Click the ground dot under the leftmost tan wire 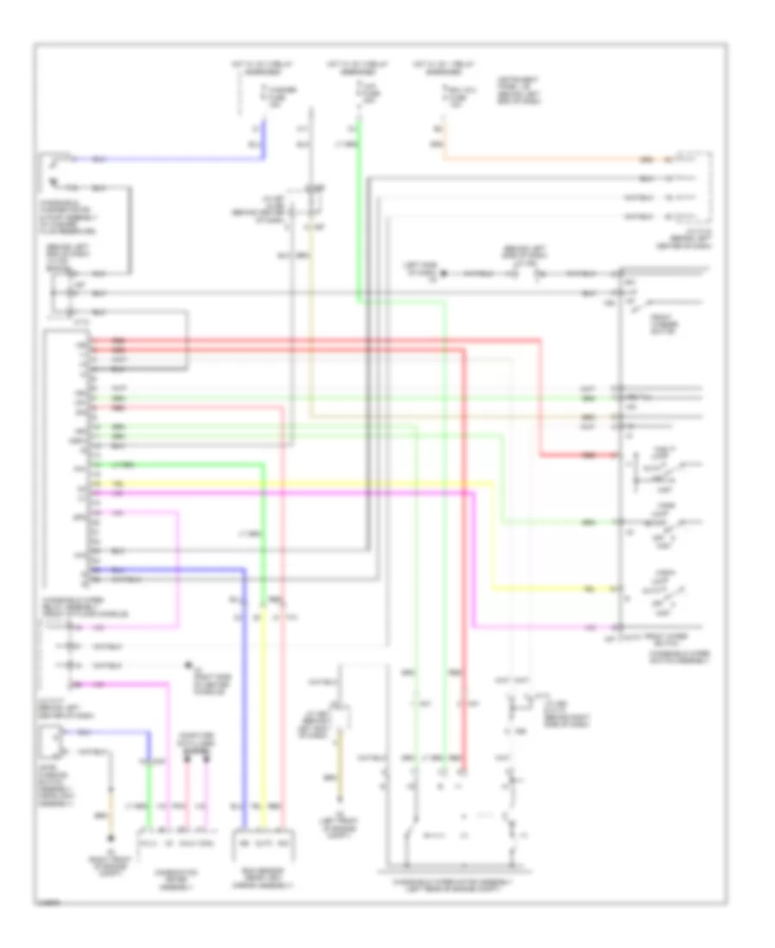point(110,839)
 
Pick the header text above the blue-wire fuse point(255,67)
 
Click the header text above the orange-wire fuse point(438,67)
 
